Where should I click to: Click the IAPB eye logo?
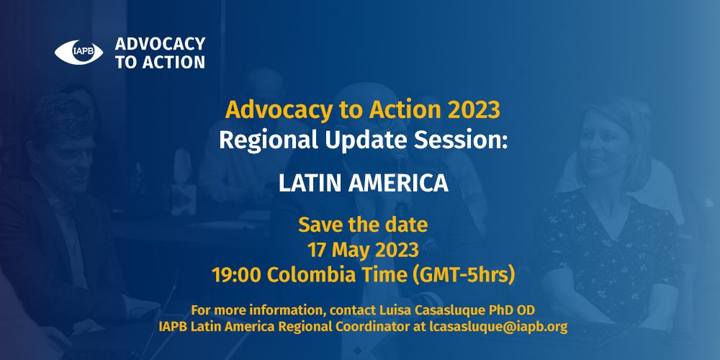pos(78,53)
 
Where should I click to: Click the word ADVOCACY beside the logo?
pos(160,44)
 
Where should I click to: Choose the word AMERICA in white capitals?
pos(398,183)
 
